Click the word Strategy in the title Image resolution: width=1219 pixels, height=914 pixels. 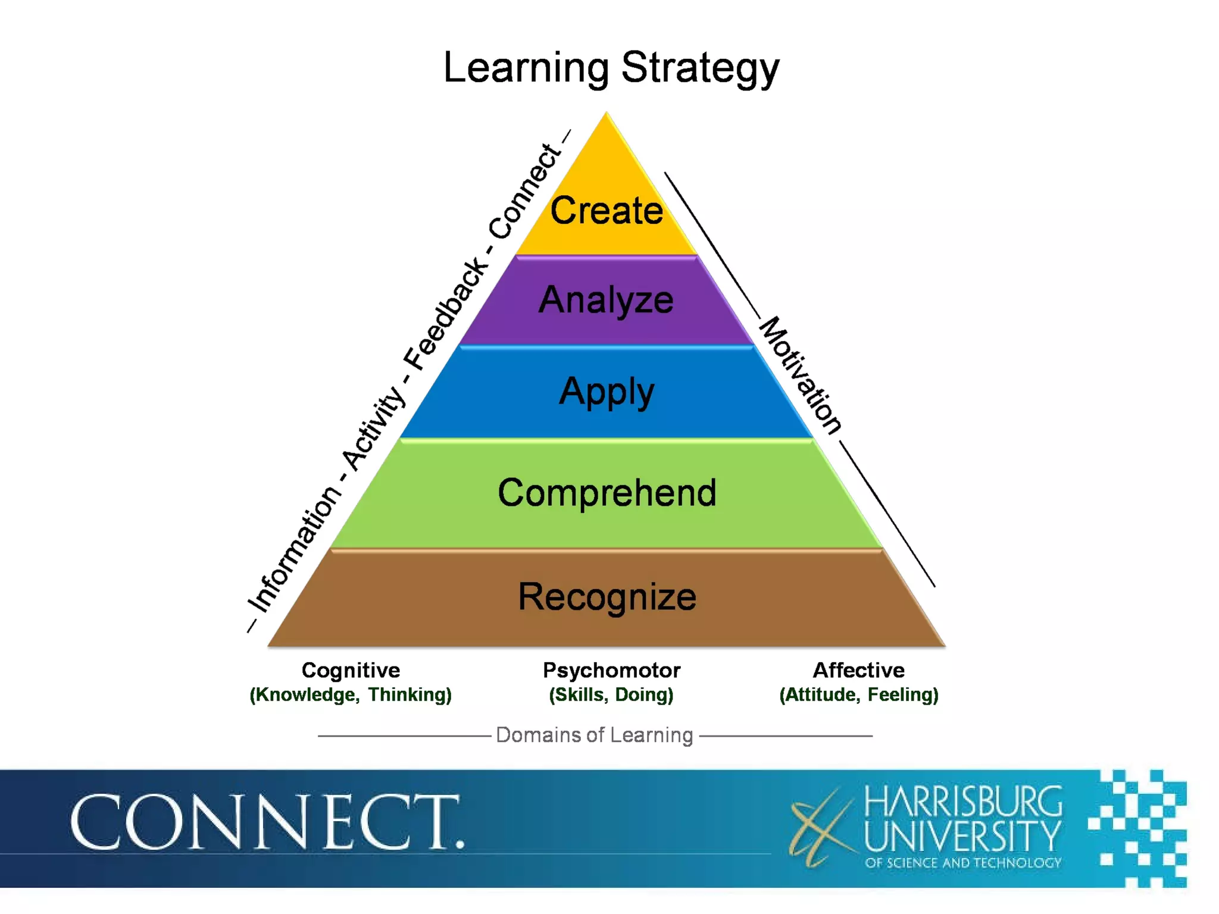tap(700, 68)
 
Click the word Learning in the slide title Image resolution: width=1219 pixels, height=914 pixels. tap(526, 68)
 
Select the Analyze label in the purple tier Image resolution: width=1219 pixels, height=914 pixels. tap(606, 300)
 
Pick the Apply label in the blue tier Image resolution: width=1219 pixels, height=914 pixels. tap(607, 392)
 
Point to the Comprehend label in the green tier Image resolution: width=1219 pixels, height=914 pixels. tap(607, 493)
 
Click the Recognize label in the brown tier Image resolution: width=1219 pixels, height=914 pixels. tap(607, 597)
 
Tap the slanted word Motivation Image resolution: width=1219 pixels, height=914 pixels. tap(801, 375)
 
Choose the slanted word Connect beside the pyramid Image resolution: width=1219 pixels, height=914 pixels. tap(524, 192)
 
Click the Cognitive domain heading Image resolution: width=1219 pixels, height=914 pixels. tap(351, 670)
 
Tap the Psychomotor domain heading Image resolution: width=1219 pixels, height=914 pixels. tap(611, 670)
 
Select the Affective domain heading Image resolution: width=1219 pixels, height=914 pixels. tap(858, 670)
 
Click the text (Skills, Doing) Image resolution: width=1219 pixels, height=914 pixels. tap(611, 694)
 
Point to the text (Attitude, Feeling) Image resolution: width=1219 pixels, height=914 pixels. tap(858, 694)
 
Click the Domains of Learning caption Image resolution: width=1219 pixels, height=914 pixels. tap(594, 735)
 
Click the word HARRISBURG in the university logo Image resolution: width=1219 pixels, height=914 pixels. tap(963, 802)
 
